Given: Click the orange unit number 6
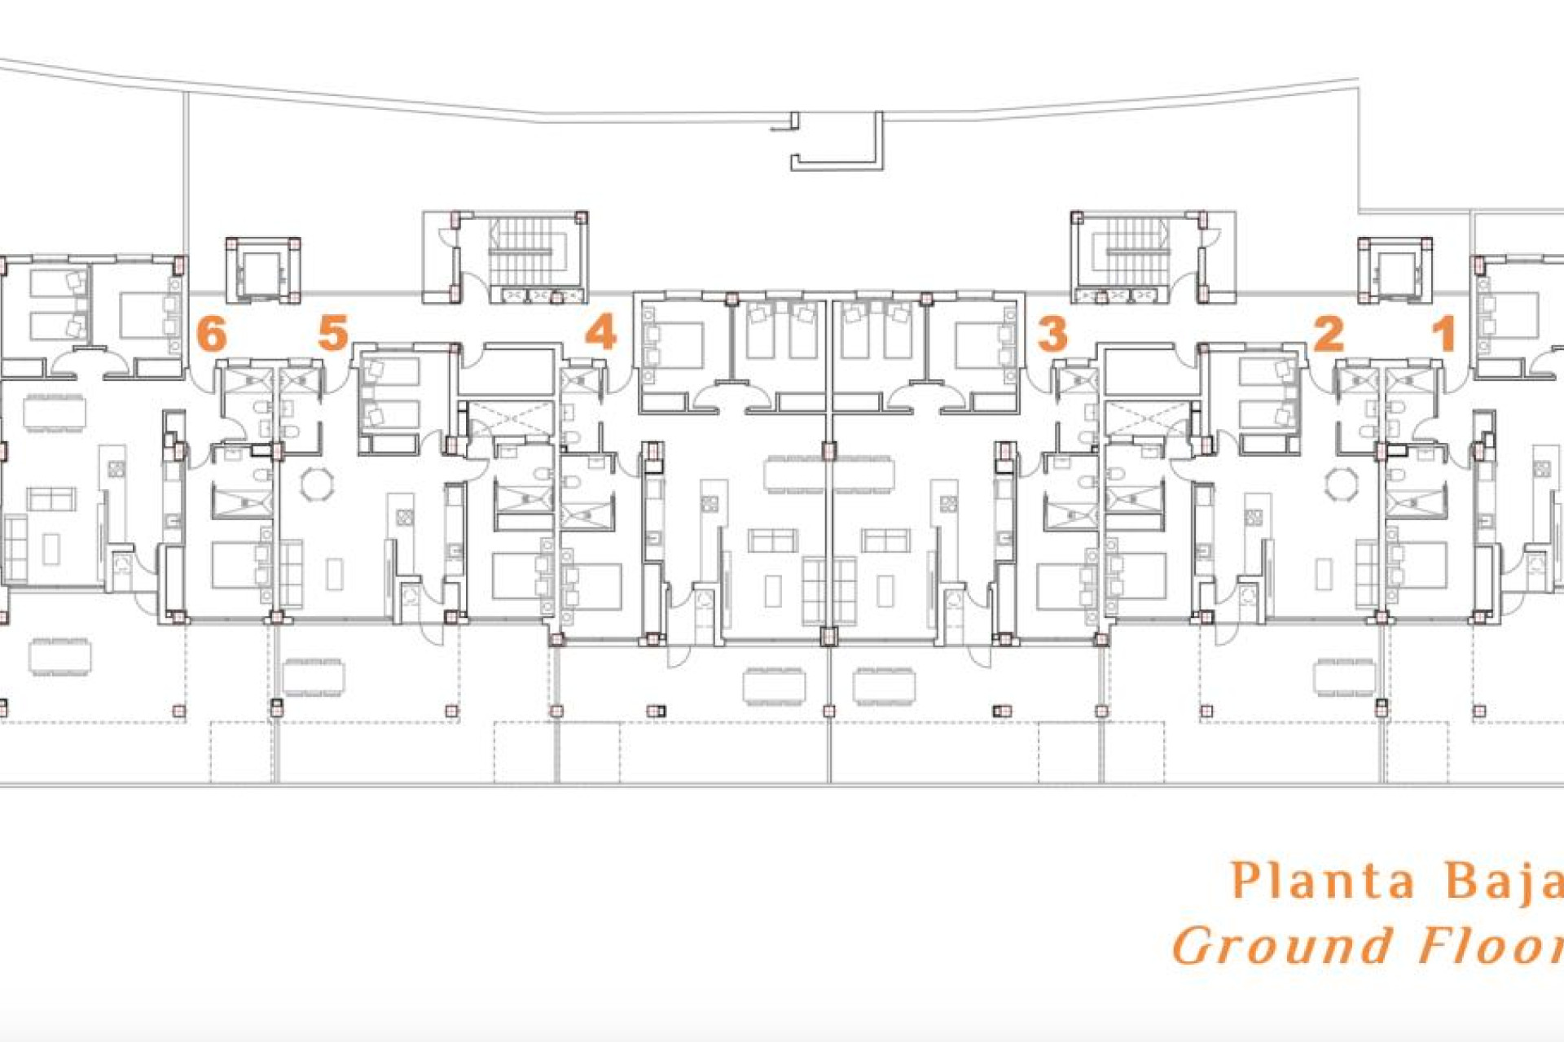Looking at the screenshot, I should [x=211, y=333].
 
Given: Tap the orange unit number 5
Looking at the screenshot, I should [x=332, y=333].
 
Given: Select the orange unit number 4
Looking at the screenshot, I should [x=601, y=333].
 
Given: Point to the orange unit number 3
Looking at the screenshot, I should [x=1052, y=333].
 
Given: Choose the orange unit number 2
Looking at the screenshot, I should [x=1329, y=333].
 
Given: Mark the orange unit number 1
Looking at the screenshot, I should [x=1444, y=333].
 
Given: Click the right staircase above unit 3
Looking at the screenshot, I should [x=1139, y=253].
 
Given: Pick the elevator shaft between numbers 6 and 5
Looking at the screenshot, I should [x=262, y=270].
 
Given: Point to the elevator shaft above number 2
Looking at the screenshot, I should [x=1395, y=270].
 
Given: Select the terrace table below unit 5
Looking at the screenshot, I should [x=314, y=676].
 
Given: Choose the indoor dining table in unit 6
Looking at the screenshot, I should [x=55, y=412].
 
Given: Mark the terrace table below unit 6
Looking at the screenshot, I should [x=60, y=656].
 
